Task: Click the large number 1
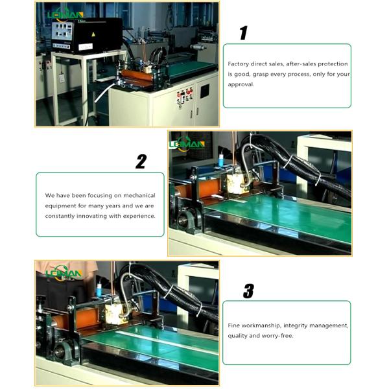tap(243, 33)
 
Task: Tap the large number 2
tap(141, 162)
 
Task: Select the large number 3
tap(248, 292)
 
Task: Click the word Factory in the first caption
tap(239, 64)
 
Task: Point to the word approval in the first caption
tap(241, 84)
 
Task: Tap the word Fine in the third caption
tap(234, 325)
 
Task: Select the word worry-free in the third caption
tap(278, 336)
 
